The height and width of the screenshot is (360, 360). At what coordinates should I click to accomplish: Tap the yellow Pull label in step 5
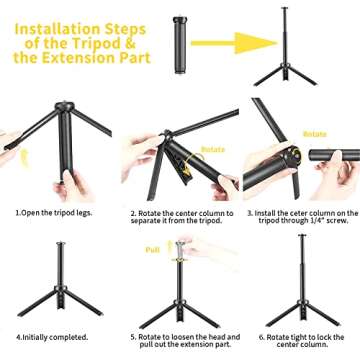click(153, 249)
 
